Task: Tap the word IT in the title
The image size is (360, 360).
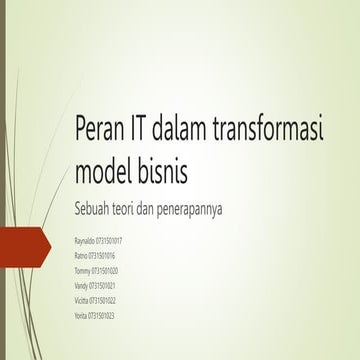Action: [143, 130]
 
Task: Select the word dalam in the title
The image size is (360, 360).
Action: [188, 130]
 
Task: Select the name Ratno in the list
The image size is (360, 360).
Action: [83, 256]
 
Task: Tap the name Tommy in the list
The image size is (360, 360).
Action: [84, 270]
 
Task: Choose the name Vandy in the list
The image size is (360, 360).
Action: [83, 285]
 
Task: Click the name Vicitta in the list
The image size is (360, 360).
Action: [83, 300]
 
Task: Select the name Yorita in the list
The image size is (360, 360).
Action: [83, 315]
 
